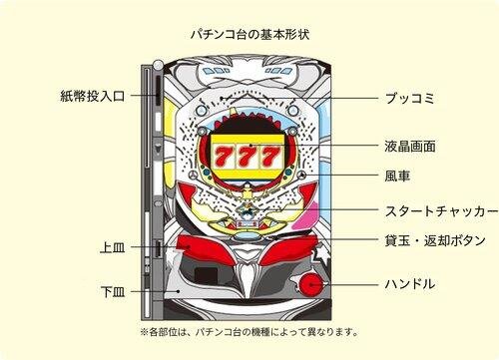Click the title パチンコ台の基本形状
[250, 34]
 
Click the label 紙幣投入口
[93, 96]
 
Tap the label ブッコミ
[409, 99]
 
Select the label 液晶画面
[410, 146]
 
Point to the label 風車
[397, 176]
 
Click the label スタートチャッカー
[441, 211]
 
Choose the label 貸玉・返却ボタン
[435, 240]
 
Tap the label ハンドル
[410, 284]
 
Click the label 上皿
[113, 247]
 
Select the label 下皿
[113, 292]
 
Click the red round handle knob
[311, 285]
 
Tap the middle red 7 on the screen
[248, 157]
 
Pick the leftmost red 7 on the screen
[223, 157]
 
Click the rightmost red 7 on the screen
[271, 157]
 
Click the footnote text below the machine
[249, 331]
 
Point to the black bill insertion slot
[159, 89]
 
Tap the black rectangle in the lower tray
[206, 276]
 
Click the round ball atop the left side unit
[159, 65]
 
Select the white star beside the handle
[317, 255]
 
